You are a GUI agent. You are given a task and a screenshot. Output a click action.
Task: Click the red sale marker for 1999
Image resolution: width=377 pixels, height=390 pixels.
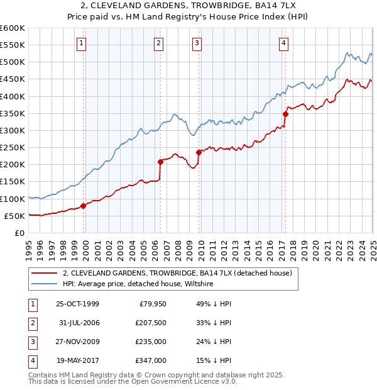[83, 206]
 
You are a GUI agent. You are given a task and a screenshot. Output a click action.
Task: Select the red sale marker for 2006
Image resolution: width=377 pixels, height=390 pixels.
[160, 162]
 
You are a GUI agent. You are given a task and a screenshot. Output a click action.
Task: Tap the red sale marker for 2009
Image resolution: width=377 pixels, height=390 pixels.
[199, 152]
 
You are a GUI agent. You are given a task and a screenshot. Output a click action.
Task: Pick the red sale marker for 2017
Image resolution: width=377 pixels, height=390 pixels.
[285, 114]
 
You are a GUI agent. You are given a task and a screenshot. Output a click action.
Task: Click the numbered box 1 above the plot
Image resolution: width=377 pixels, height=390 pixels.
[82, 43]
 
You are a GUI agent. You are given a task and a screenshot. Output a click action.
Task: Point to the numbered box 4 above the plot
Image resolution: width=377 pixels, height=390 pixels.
[284, 43]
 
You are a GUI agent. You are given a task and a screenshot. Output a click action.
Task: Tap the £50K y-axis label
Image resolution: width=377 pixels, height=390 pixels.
[14, 216]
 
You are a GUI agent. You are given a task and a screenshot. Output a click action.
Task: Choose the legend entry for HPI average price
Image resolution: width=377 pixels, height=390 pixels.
[138, 284]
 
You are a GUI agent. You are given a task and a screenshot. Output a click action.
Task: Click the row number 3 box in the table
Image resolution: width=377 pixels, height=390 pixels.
[31, 342]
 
